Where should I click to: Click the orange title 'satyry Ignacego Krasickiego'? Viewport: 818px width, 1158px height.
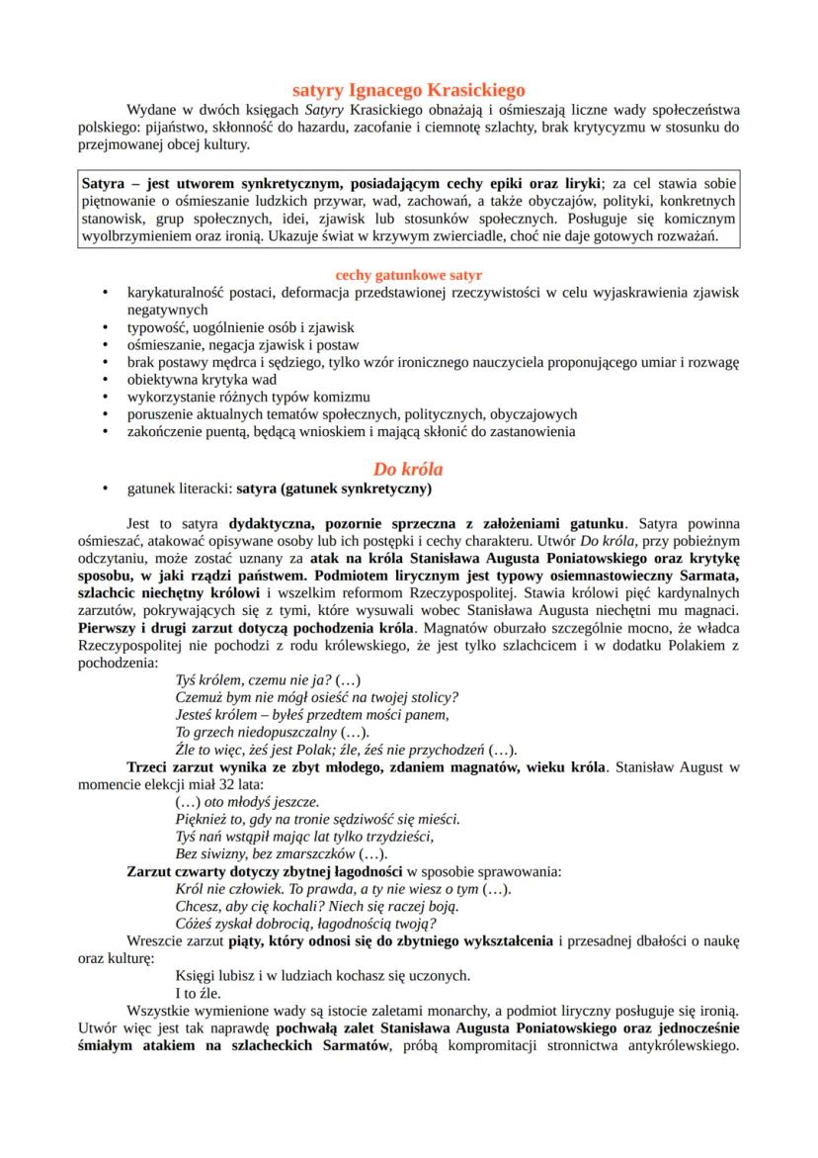pyautogui.click(x=408, y=89)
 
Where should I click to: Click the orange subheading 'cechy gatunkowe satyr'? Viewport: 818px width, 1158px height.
pyautogui.click(x=408, y=273)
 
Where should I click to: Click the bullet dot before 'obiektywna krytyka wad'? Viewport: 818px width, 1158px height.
pyautogui.click(x=105, y=379)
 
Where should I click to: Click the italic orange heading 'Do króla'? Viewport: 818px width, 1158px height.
pyautogui.click(x=408, y=467)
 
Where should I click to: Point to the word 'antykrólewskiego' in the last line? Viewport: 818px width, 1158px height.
pyautogui.click(x=682, y=1046)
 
